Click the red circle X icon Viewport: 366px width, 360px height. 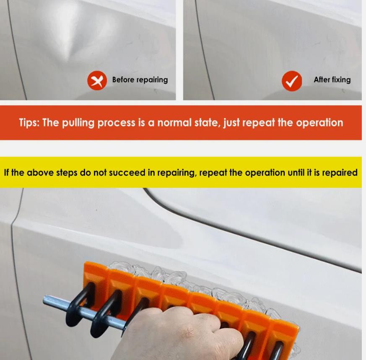[x=97, y=80]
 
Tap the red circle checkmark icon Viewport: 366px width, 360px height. [x=291, y=81]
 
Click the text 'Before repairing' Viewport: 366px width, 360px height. [x=140, y=80]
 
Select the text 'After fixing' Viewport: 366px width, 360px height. [x=332, y=80]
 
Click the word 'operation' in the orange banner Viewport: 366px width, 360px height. [x=319, y=123]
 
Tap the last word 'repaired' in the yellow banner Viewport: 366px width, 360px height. [x=340, y=173]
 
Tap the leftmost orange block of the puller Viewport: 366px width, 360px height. [x=96, y=277]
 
